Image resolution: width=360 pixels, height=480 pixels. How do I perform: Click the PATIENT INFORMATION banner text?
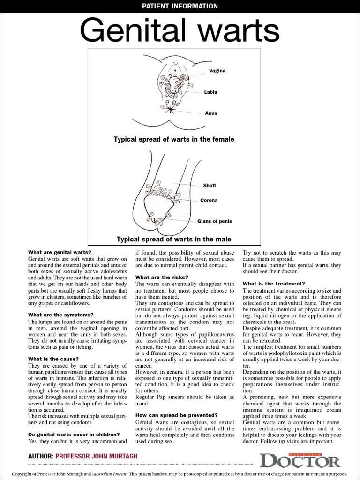(x=180, y=6)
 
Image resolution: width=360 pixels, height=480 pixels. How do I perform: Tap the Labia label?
(x=210, y=92)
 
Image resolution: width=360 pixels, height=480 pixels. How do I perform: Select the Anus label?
(x=210, y=113)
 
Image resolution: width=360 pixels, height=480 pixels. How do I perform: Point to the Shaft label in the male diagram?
(x=210, y=186)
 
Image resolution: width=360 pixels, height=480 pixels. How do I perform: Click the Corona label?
(x=209, y=200)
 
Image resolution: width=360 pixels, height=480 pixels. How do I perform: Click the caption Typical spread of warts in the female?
(x=174, y=139)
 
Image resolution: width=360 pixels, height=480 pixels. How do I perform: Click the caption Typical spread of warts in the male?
(x=174, y=240)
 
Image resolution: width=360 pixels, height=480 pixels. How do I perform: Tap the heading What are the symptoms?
(x=61, y=315)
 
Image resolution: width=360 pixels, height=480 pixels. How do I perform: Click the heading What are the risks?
(x=162, y=277)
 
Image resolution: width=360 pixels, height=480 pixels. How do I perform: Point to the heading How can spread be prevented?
(x=176, y=415)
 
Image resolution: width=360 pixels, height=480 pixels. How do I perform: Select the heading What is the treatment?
(x=274, y=283)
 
